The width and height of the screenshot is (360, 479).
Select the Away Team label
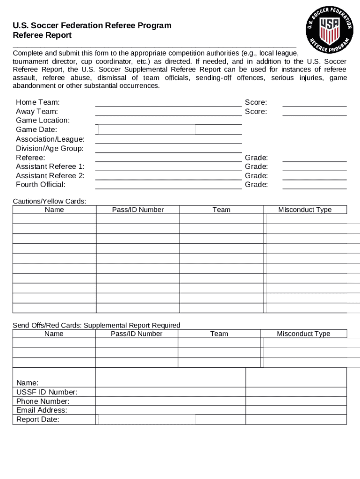(x=37, y=111)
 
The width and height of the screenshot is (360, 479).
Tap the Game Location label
(x=43, y=120)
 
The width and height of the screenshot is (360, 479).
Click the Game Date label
(x=36, y=130)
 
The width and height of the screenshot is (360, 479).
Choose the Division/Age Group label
(x=50, y=148)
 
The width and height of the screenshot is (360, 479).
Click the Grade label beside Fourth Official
(x=256, y=184)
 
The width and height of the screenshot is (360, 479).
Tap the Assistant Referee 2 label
(x=50, y=175)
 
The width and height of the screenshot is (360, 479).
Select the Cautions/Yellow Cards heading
(x=50, y=201)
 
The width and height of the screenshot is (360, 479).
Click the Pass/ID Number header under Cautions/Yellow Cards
(x=138, y=210)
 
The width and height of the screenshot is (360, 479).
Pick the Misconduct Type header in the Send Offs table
(x=303, y=334)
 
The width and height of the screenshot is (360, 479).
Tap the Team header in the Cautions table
(x=221, y=210)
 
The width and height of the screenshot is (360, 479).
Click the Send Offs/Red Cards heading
(x=96, y=325)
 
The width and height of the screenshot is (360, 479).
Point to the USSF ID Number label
(x=47, y=392)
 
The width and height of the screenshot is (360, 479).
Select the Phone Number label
(x=43, y=401)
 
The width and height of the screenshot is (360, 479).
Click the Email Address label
(x=42, y=410)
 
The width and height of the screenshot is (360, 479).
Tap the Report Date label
(x=37, y=419)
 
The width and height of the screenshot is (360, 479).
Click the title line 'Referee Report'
(x=42, y=35)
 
